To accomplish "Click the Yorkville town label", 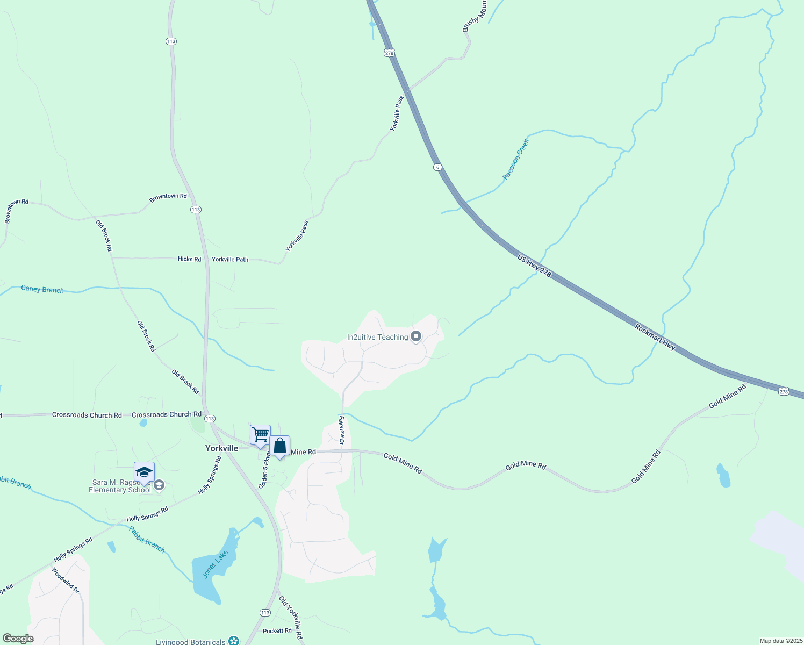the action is click(221, 448).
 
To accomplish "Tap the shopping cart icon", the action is click(260, 434).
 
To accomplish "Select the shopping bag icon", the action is click(279, 446).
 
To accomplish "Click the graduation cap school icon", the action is click(144, 472).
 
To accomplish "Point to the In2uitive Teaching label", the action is click(377, 337).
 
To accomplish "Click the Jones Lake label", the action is click(216, 564).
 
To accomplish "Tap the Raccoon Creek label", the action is click(515, 159).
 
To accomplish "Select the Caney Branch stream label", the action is click(42, 289).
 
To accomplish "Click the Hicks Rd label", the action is click(189, 259).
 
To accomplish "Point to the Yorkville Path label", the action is click(230, 259).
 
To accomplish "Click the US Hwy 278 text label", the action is click(534, 266).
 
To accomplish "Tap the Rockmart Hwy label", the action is click(655, 337).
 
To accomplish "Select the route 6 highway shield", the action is click(438, 167).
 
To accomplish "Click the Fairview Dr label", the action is click(341, 430).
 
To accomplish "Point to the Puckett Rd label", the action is click(277, 630).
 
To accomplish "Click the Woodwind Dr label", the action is click(66, 580).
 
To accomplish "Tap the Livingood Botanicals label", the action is click(191, 642).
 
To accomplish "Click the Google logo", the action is click(18, 639).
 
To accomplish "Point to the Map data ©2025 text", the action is click(780, 641).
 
